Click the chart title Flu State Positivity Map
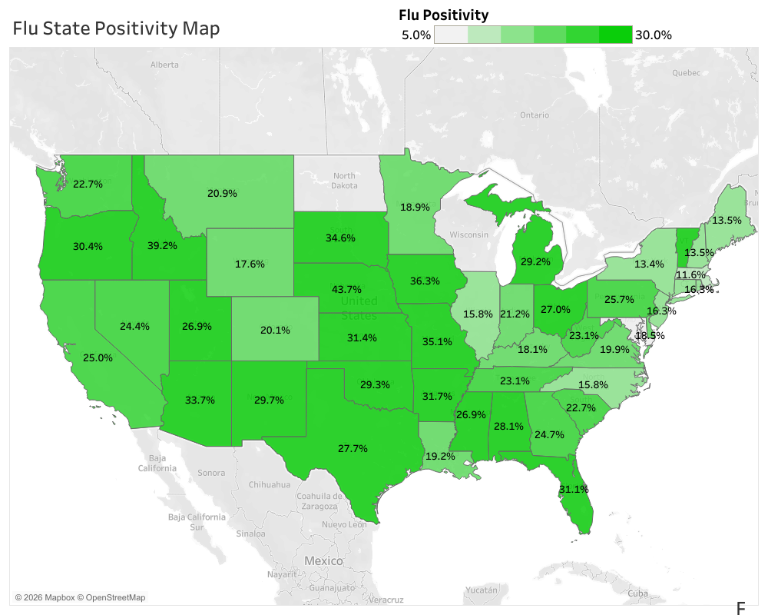pyautogui.click(x=116, y=28)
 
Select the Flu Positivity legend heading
pyautogui.click(x=444, y=15)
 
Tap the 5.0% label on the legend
pyautogui.click(x=416, y=35)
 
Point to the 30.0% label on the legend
pyautogui.click(x=654, y=35)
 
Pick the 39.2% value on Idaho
pyautogui.click(x=163, y=246)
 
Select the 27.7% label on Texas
pyautogui.click(x=353, y=447)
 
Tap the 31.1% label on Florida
pyautogui.click(x=574, y=489)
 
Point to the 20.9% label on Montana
pyautogui.click(x=222, y=193)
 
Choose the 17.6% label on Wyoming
pyautogui.click(x=250, y=264)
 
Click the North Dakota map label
pyautogui.click(x=344, y=181)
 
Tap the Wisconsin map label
pyautogui.click(x=469, y=234)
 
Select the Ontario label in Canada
pyautogui.click(x=534, y=115)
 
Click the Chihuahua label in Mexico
pyautogui.click(x=270, y=485)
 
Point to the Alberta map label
pyautogui.click(x=164, y=65)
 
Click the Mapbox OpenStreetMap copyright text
pyautogui.click(x=80, y=597)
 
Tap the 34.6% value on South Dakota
pyautogui.click(x=340, y=238)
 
